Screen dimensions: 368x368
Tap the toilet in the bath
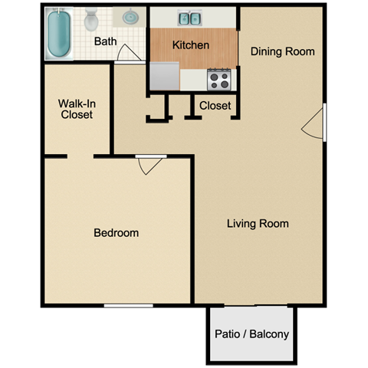[x=91, y=20]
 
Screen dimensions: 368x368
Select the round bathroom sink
[x=130, y=17]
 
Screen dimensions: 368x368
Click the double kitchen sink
[x=189, y=18]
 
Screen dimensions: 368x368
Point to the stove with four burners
[x=219, y=78]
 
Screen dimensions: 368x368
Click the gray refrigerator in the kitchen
[x=164, y=76]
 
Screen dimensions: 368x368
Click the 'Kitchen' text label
[x=191, y=45]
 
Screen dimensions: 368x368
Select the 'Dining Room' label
[x=283, y=51]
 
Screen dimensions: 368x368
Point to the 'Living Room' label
[x=258, y=224]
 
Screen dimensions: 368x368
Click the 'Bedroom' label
[x=117, y=232]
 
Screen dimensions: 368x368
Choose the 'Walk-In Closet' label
[x=75, y=109]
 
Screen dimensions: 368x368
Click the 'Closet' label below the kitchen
[x=215, y=106]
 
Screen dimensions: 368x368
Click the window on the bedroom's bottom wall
[x=128, y=305]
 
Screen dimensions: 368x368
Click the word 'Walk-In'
[x=75, y=103]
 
